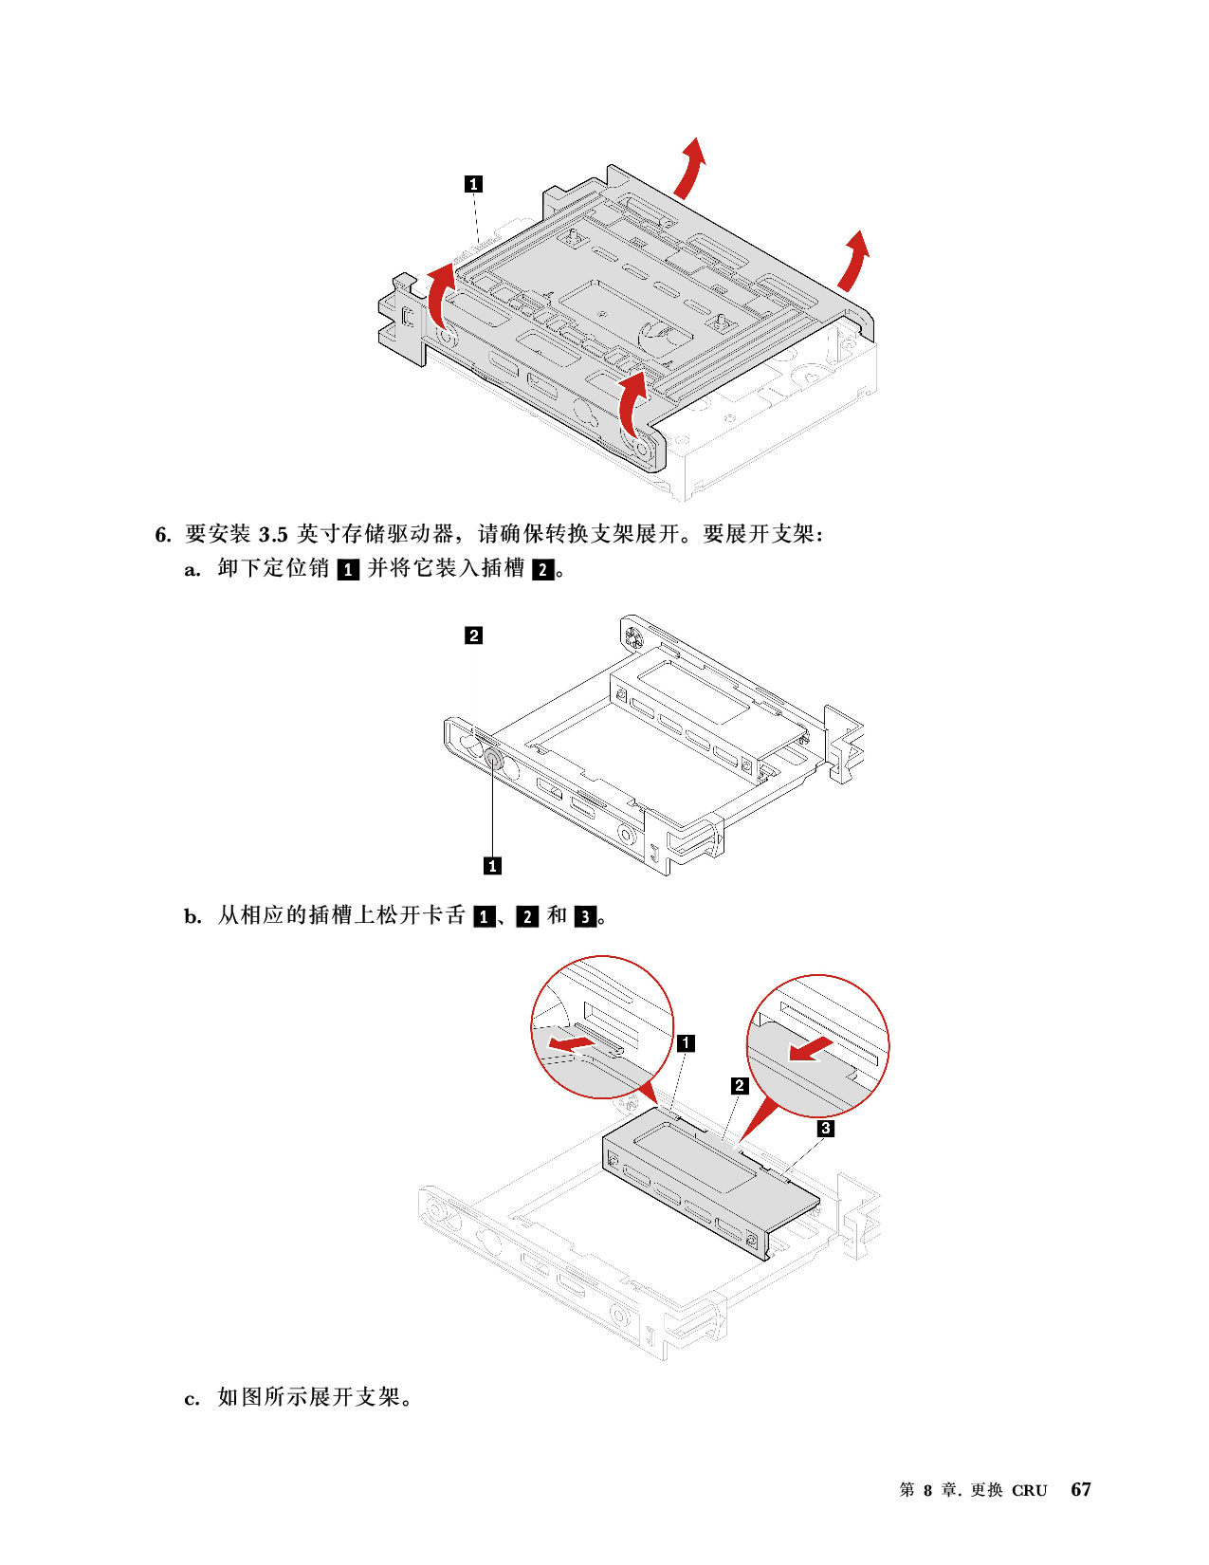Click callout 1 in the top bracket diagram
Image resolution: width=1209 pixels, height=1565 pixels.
pyautogui.click(x=473, y=184)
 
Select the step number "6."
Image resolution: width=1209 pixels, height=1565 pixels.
pyautogui.click(x=163, y=534)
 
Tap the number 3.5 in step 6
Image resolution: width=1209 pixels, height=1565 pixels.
pyautogui.click(x=274, y=534)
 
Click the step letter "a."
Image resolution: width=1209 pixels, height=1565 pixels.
pyautogui.click(x=192, y=570)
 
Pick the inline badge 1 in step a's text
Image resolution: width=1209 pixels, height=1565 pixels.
pyautogui.click(x=349, y=570)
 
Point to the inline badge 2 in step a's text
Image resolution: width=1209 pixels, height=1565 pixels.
pyautogui.click(x=543, y=570)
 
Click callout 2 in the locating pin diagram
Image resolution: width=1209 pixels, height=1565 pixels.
pyautogui.click(x=474, y=635)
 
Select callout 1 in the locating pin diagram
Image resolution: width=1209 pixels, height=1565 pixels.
pyautogui.click(x=492, y=866)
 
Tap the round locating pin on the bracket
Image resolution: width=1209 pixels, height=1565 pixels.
pyautogui.click(x=493, y=759)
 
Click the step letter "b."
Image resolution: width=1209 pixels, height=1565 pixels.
pyautogui.click(x=193, y=916)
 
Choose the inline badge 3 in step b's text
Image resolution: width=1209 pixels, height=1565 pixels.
pyautogui.click(x=585, y=916)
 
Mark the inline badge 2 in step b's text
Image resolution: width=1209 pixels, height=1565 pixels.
pyautogui.click(x=527, y=916)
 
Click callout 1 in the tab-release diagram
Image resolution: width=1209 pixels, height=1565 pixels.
pyautogui.click(x=687, y=1042)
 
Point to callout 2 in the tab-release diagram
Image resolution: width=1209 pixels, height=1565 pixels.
pyautogui.click(x=740, y=1085)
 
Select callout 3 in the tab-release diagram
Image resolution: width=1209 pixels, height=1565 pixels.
pyautogui.click(x=826, y=1128)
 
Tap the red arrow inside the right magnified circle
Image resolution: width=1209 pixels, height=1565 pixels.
pyautogui.click(x=812, y=1049)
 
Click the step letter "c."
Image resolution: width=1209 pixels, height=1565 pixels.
pyautogui.click(x=192, y=1399)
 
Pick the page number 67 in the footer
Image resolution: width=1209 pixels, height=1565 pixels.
pyautogui.click(x=1081, y=1489)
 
